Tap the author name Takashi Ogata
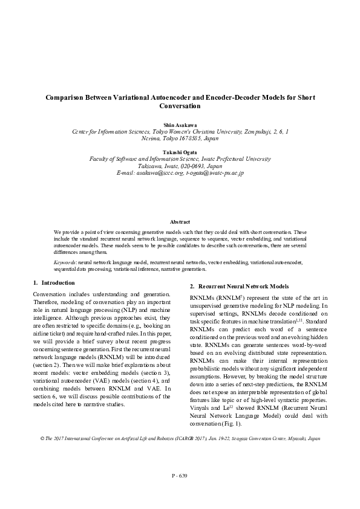180,152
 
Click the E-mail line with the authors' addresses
180,173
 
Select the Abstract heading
180,222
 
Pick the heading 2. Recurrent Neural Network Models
231,286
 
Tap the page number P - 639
180,476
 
